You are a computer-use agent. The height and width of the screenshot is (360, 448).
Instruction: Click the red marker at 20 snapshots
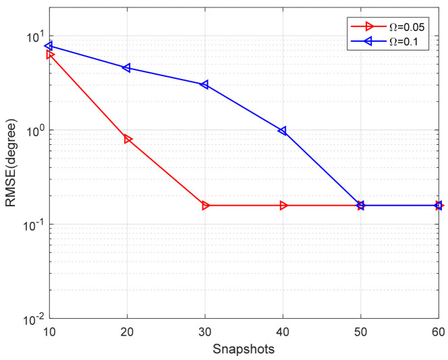coord(128,139)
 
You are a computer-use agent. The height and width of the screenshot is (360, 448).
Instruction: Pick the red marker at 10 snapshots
coord(50,54)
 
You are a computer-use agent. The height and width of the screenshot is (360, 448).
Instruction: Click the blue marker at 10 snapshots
coord(49,46)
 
